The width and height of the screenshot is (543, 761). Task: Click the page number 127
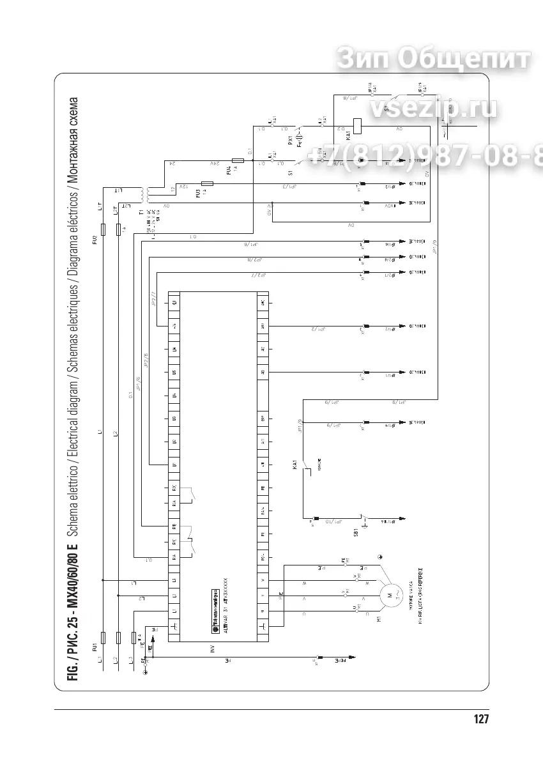(x=481, y=719)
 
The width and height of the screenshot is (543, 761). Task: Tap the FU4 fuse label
(x=228, y=170)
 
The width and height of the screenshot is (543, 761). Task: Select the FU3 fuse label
(x=199, y=191)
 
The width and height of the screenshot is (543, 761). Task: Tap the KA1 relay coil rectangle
(x=358, y=125)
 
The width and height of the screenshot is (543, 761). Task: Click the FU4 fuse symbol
(x=238, y=162)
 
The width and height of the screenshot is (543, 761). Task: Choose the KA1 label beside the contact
(x=295, y=465)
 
